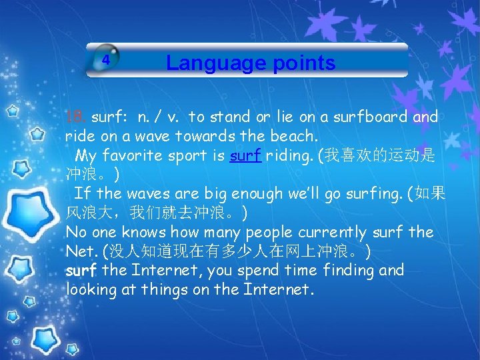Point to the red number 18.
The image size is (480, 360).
(x=75, y=117)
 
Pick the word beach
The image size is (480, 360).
(x=301, y=137)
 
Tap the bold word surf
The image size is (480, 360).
(x=81, y=271)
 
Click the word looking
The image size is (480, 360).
(x=91, y=290)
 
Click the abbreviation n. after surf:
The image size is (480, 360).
(x=143, y=117)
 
